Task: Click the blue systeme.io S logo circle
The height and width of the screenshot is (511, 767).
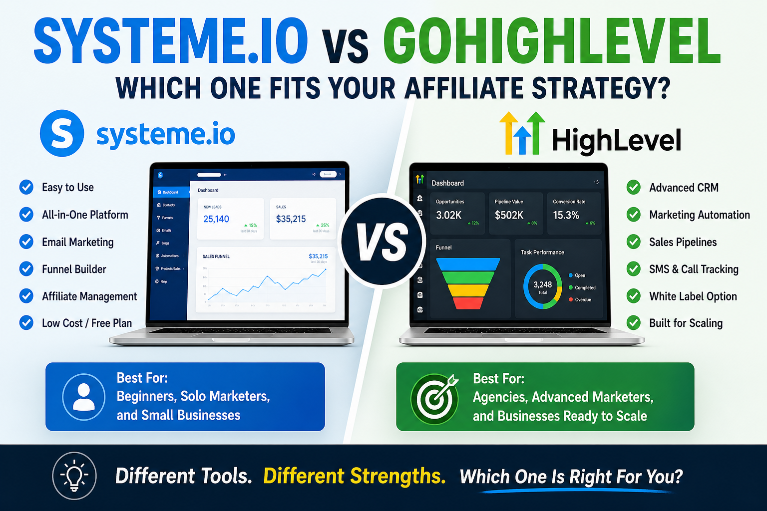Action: pyautogui.click(x=62, y=133)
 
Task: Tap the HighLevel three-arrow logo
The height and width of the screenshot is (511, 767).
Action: pyautogui.click(x=522, y=133)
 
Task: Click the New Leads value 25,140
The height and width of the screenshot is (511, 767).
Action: pyautogui.click(x=216, y=219)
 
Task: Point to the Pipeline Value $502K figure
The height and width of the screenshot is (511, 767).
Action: pyautogui.click(x=509, y=215)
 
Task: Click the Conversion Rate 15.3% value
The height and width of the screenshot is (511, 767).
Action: pyautogui.click(x=566, y=215)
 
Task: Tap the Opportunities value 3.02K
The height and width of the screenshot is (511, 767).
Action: pyautogui.click(x=448, y=215)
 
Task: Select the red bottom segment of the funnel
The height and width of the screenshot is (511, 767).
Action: pyautogui.click(x=468, y=303)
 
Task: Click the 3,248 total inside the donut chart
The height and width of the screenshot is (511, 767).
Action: pyautogui.click(x=543, y=285)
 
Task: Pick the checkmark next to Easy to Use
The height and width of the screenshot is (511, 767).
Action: pyautogui.click(x=26, y=187)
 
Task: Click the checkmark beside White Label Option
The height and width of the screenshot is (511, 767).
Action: pyautogui.click(x=634, y=296)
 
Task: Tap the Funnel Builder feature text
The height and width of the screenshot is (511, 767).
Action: pyautogui.click(x=74, y=269)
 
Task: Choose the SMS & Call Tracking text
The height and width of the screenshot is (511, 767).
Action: pyautogui.click(x=694, y=269)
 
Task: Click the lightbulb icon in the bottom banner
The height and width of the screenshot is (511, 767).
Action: pyautogui.click(x=74, y=476)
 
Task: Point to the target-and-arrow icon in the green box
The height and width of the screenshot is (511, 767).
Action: pyautogui.click(x=435, y=398)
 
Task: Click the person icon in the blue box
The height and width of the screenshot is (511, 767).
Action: pyautogui.click(x=84, y=397)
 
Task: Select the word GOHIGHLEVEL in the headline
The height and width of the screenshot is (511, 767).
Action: pyautogui.click(x=552, y=41)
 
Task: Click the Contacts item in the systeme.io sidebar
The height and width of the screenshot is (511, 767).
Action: pyautogui.click(x=168, y=205)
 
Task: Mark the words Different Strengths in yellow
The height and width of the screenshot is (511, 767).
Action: pyautogui.click(x=355, y=476)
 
